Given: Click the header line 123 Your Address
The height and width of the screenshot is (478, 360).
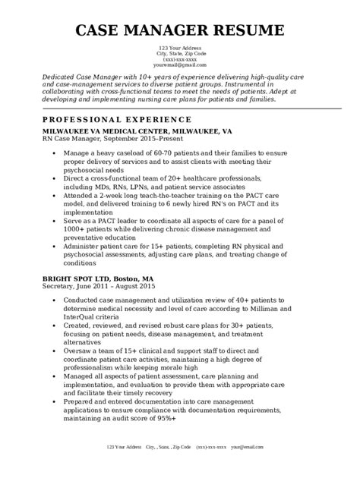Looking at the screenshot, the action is point(179,49).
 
